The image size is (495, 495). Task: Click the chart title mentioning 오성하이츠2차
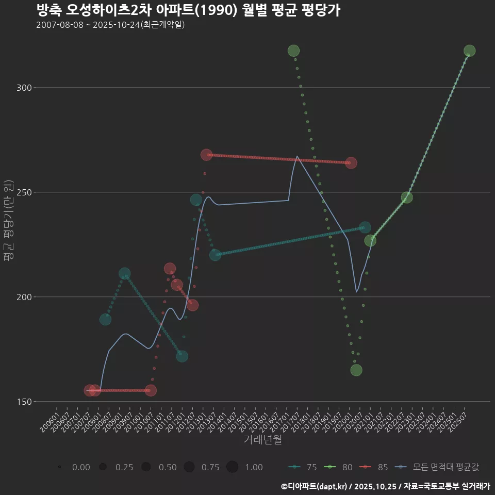coord(188,10)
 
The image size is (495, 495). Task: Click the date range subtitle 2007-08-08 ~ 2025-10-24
coord(110,25)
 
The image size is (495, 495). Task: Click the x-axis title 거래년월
coord(262,440)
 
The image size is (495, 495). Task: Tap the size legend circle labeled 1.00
coord(233,467)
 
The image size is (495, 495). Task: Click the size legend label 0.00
coord(81,467)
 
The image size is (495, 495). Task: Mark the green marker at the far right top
coord(469,51)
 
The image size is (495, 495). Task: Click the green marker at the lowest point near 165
coord(356,370)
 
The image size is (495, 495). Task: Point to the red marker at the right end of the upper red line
coord(351,163)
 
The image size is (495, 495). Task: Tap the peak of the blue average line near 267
coord(298,156)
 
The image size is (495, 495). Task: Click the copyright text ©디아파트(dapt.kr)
coord(315,486)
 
